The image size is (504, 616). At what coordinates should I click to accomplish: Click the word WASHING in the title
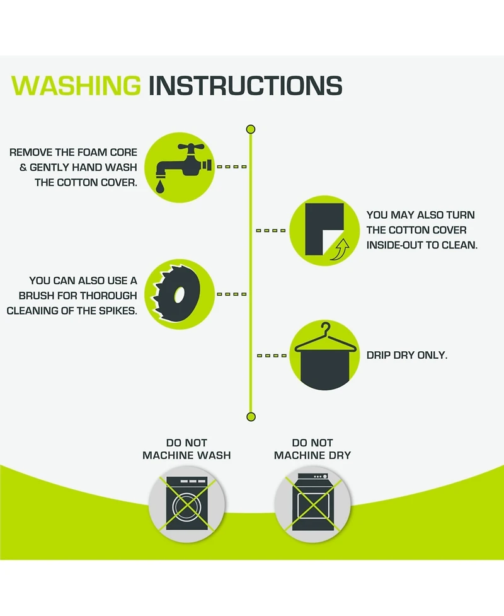pyautogui.click(x=76, y=85)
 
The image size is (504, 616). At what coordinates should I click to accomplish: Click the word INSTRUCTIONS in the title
pyautogui.click(x=245, y=85)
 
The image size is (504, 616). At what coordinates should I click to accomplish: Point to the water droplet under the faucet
pyautogui.click(x=160, y=187)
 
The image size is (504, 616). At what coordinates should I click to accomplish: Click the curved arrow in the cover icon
pyautogui.click(x=340, y=250)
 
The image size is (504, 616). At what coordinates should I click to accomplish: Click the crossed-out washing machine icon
pyautogui.click(x=187, y=504)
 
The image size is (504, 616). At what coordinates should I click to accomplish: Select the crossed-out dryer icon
pyautogui.click(x=313, y=504)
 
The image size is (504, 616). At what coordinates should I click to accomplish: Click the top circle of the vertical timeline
pyautogui.click(x=251, y=129)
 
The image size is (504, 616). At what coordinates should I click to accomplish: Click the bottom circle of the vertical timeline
pyautogui.click(x=251, y=417)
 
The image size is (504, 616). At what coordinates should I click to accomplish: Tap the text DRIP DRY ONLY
pyautogui.click(x=406, y=355)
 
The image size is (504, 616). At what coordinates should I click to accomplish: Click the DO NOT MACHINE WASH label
pyautogui.click(x=186, y=449)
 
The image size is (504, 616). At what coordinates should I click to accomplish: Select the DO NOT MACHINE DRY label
pyautogui.click(x=312, y=449)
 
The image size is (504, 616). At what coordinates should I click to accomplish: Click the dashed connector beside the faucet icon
pyautogui.click(x=232, y=166)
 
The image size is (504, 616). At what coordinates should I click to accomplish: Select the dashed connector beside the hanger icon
pyautogui.click(x=272, y=356)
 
